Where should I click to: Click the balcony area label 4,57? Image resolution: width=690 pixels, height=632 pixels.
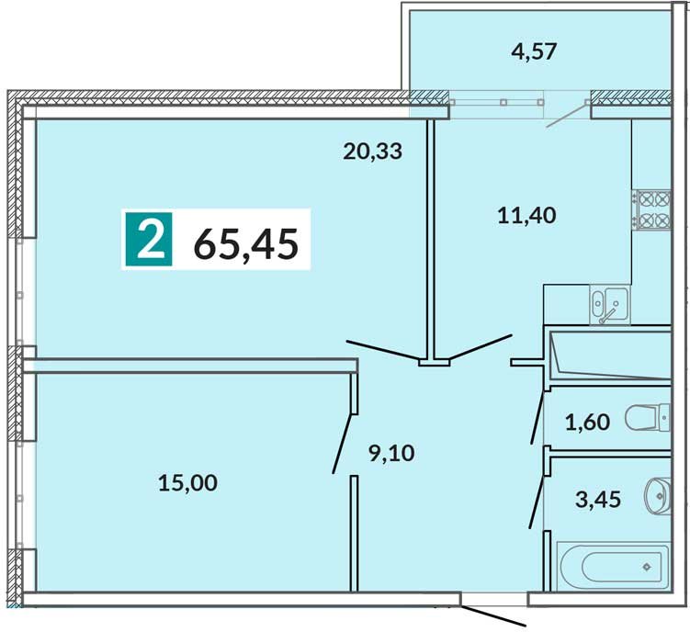pyautogui.click(x=534, y=51)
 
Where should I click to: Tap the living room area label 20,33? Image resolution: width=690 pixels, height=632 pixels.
pyautogui.click(x=372, y=152)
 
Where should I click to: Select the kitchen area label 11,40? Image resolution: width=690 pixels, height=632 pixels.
pyautogui.click(x=526, y=216)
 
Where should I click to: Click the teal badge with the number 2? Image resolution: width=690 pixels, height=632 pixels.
pyautogui.click(x=149, y=239)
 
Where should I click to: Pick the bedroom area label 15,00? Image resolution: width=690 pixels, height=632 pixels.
pyautogui.click(x=187, y=483)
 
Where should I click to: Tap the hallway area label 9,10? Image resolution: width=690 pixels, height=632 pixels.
pyautogui.click(x=391, y=453)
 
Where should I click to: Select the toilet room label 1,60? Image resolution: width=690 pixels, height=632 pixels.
pyautogui.click(x=587, y=423)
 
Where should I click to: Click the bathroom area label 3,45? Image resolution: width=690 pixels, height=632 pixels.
pyautogui.click(x=598, y=500)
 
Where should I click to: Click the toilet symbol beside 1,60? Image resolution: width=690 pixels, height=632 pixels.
pyautogui.click(x=648, y=418)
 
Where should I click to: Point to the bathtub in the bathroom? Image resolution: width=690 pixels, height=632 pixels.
pyautogui.click(x=613, y=567)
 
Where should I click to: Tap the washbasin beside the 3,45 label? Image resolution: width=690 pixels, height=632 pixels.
pyautogui.click(x=658, y=496)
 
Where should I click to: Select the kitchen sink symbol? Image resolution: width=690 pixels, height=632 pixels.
pyautogui.click(x=609, y=304)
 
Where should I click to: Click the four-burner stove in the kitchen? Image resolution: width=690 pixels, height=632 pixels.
pyautogui.click(x=651, y=209)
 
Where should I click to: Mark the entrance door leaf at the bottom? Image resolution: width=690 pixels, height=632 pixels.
pyautogui.click(x=493, y=616)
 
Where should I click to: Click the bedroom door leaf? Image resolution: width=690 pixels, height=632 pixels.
pyautogui.click(x=343, y=444)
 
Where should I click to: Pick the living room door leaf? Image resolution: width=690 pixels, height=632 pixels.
pyautogui.click(x=383, y=350)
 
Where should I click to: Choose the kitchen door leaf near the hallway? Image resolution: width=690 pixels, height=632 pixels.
pyautogui.click(x=481, y=347)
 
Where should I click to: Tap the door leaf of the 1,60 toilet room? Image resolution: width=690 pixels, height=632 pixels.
pyautogui.click(x=537, y=417)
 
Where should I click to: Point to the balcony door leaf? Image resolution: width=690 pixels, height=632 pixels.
pyautogui.click(x=567, y=115)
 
